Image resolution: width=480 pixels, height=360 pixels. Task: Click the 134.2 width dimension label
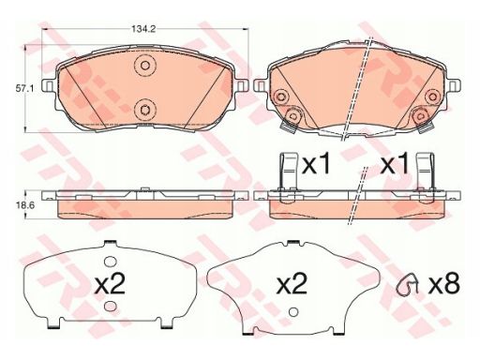[143, 29]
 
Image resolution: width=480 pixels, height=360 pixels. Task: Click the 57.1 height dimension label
[25, 88]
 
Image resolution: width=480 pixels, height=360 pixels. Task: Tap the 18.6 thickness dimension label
[24, 205]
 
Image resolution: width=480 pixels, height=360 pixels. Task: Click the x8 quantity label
[444, 284]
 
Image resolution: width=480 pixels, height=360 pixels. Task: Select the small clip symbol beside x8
[407, 283]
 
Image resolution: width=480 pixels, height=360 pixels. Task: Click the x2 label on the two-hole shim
[110, 283]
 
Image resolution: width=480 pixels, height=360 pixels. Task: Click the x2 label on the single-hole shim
[292, 283]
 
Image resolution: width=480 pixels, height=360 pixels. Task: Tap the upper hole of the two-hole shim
[110, 262]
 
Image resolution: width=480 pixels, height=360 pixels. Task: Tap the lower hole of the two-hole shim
[110, 307]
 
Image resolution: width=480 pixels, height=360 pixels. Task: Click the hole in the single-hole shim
[292, 312]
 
